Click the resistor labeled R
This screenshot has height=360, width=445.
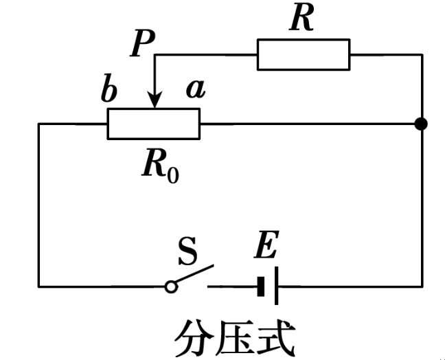coord(303,54)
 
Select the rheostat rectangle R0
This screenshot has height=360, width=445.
coord(154,124)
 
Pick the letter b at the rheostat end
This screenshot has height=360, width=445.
coord(109,92)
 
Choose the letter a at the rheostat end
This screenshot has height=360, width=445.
coord(196,90)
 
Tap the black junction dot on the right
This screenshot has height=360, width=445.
coord(422,124)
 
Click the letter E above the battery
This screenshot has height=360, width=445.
coord(266,245)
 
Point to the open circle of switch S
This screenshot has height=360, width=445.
coord(171,286)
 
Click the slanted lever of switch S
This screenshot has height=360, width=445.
coord(194,275)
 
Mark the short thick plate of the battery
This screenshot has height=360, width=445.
coord(262,286)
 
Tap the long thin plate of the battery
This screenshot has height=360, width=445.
coord(276,286)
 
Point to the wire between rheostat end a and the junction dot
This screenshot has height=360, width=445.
coord(309,124)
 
